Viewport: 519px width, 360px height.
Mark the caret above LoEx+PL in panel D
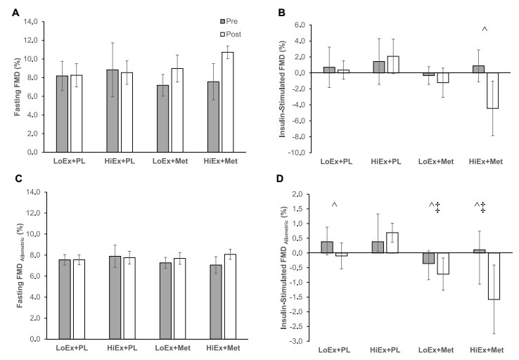[335, 205]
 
